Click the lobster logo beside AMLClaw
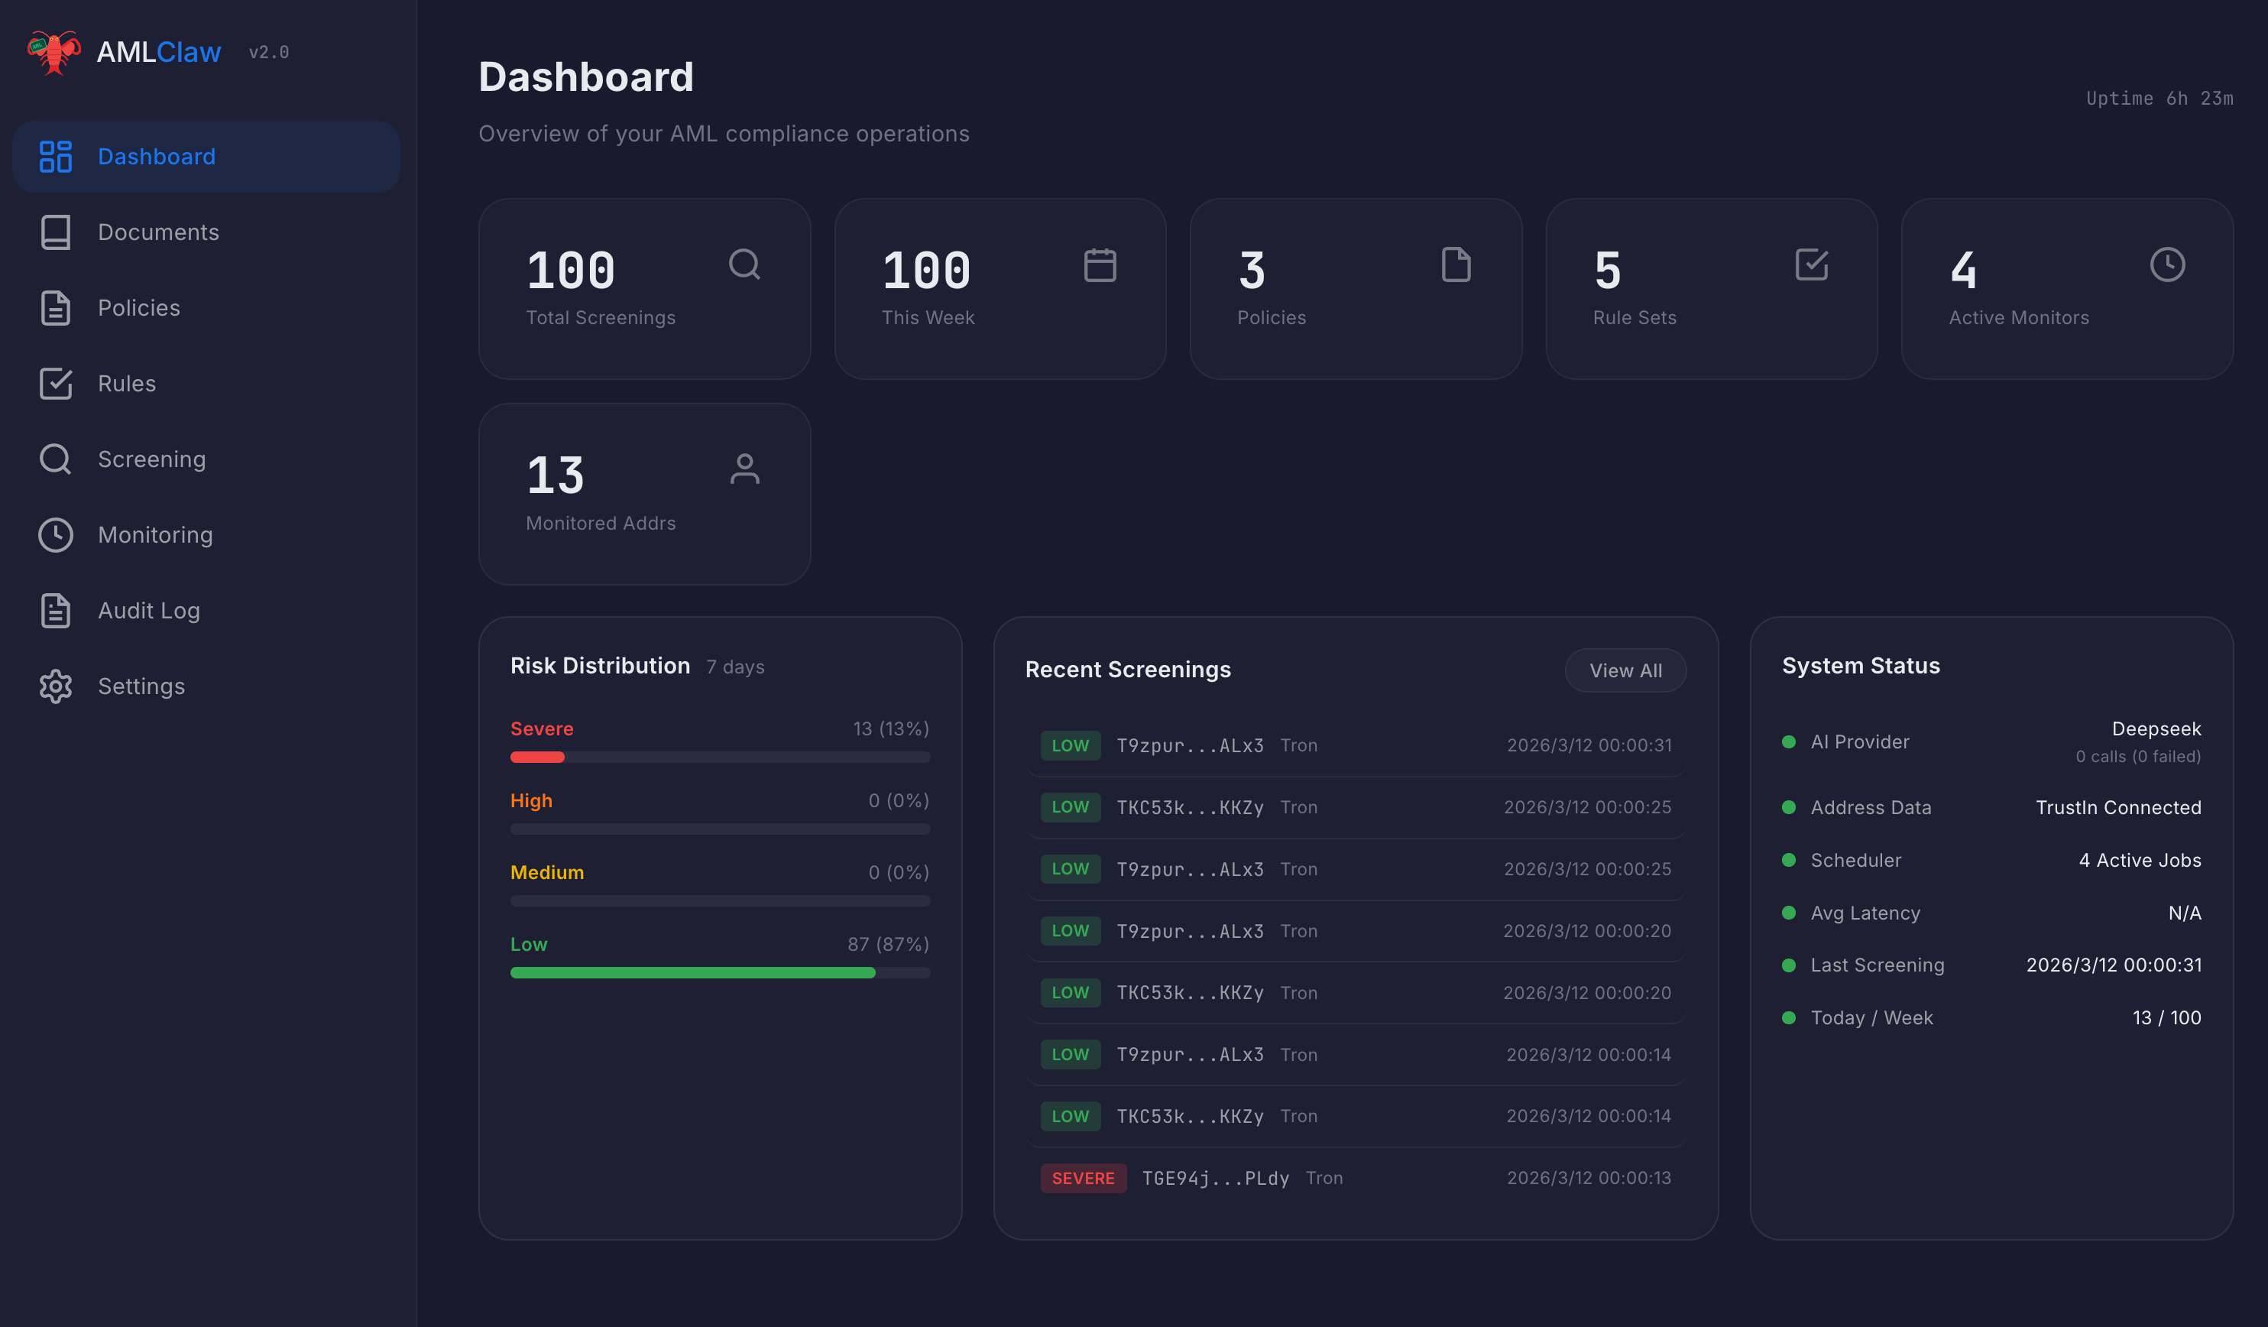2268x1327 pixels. (x=54, y=52)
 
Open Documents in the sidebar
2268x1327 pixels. (x=157, y=232)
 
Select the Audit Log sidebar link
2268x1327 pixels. (x=148, y=611)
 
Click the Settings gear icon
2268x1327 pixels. (x=56, y=686)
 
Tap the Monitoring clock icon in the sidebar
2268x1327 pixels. (x=56, y=535)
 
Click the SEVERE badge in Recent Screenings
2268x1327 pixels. (x=1083, y=1177)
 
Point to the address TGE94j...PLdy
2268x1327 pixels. (x=1215, y=1177)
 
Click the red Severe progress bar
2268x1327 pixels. (x=537, y=757)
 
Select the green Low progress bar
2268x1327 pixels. (x=692, y=972)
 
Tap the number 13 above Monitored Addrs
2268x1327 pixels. (x=556, y=475)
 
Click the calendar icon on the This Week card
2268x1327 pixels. (x=1100, y=264)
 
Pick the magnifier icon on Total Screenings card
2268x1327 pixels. (x=744, y=264)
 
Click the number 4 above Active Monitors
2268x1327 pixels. (x=1964, y=270)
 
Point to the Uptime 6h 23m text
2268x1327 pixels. (x=2159, y=98)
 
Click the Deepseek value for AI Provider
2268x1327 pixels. (x=2156, y=728)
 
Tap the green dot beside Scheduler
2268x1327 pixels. (x=1788, y=860)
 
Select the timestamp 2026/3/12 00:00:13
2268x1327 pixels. (x=1589, y=1177)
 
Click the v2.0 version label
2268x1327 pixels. (x=268, y=52)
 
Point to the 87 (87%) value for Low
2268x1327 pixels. (x=887, y=943)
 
